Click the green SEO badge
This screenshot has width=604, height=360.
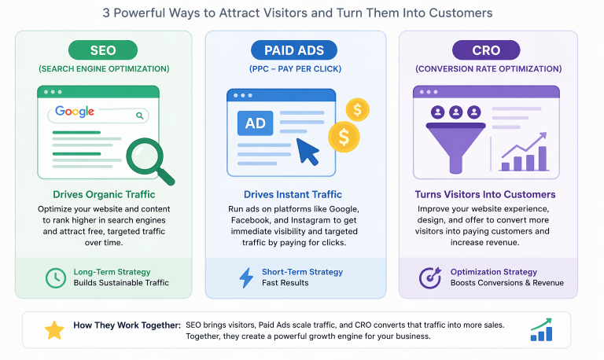pos(103,50)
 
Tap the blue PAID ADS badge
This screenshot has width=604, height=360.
pos(295,50)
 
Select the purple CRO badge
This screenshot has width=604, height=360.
pos(486,50)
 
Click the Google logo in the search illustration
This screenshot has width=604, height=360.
pos(75,112)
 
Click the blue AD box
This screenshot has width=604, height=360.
pos(255,123)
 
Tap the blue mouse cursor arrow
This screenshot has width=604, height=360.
pos(307,152)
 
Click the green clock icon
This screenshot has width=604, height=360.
pos(55,277)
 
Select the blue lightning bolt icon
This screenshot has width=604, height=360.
pos(246,277)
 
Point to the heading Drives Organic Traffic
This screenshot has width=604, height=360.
pos(103,194)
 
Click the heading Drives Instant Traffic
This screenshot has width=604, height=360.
pos(295,194)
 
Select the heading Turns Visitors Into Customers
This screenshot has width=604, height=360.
pos(485,194)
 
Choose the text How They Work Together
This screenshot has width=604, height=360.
pos(127,325)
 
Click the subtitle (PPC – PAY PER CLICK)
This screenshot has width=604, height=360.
pos(295,69)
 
